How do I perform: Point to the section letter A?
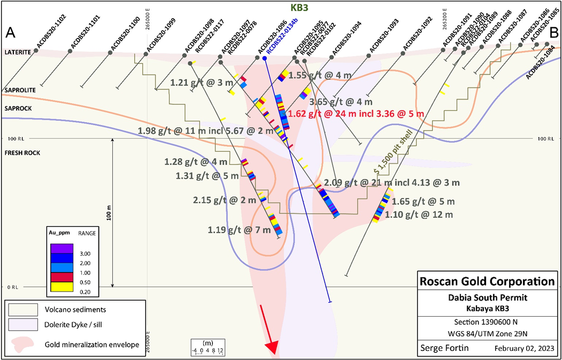pyautogui.click(x=10, y=33)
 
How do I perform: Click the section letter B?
pyautogui.click(x=553, y=33)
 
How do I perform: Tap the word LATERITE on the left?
pyautogui.click(x=18, y=52)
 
